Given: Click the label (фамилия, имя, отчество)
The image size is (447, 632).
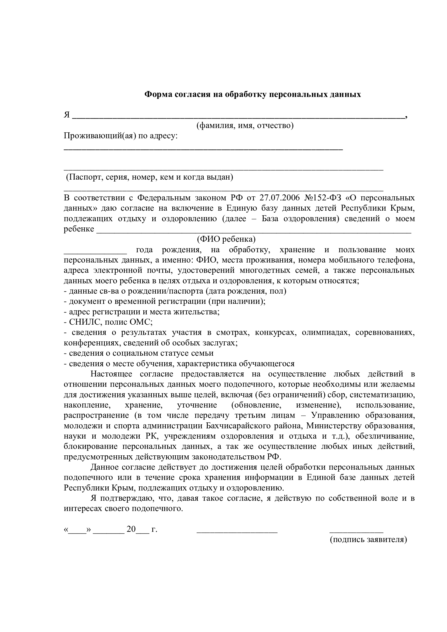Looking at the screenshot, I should [245, 126].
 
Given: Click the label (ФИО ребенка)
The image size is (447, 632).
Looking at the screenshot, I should [226, 239].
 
